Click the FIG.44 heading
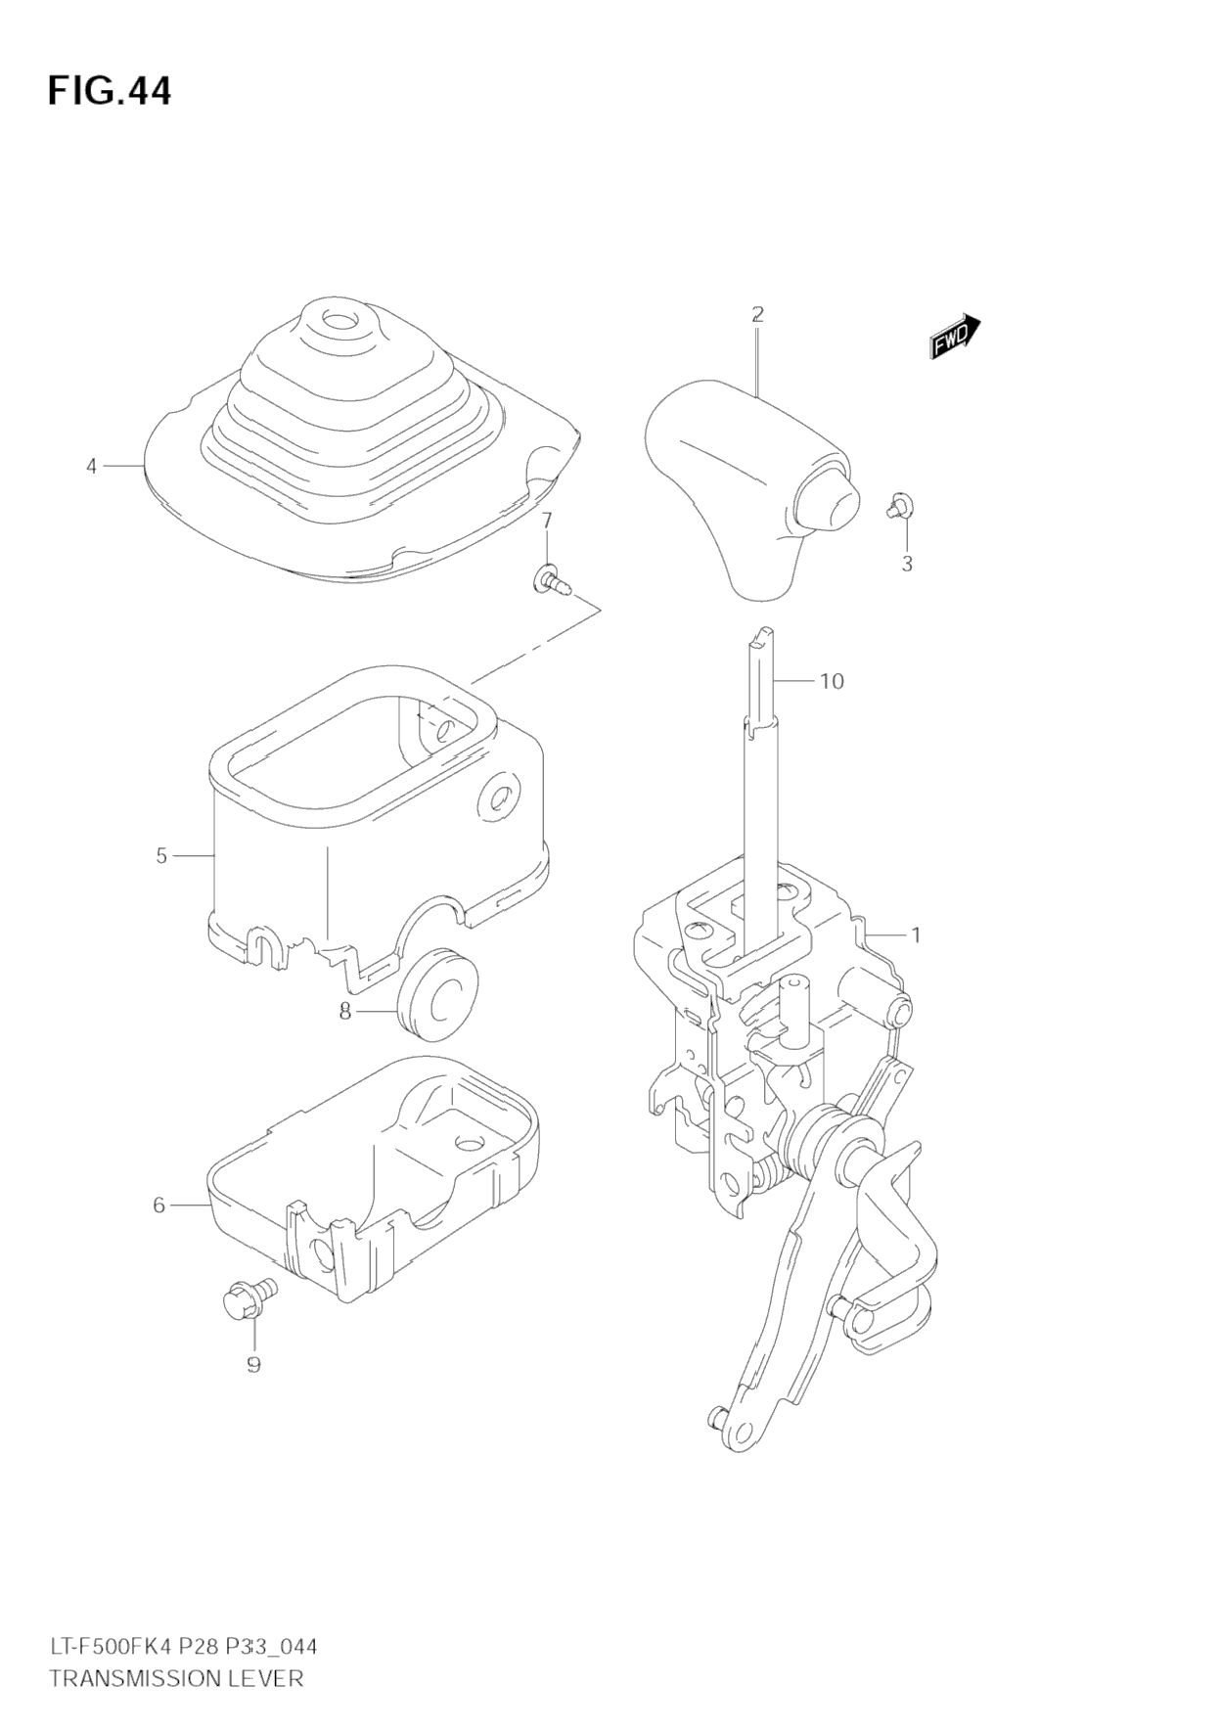point(110,91)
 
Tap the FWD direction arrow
point(955,336)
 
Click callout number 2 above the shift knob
point(757,315)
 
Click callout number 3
point(907,564)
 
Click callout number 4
point(92,467)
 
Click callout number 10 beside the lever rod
point(831,681)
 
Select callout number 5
point(161,856)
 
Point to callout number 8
point(344,1012)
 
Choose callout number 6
point(159,1206)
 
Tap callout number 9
point(253,1364)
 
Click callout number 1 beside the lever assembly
point(916,935)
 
